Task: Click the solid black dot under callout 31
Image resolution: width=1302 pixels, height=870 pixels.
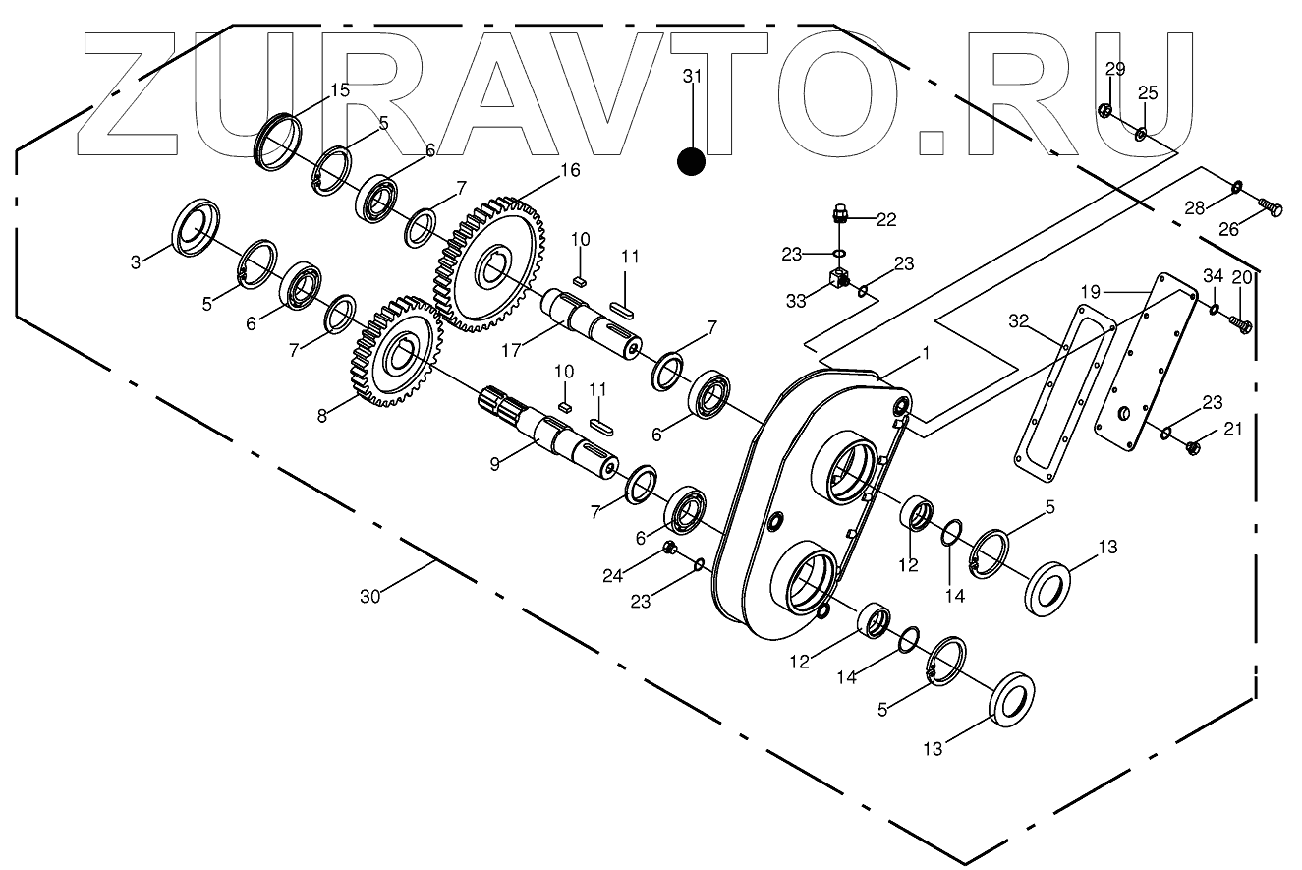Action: [x=692, y=161]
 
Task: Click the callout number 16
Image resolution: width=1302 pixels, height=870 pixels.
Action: [x=570, y=171]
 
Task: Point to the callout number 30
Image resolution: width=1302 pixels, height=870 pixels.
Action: [x=369, y=596]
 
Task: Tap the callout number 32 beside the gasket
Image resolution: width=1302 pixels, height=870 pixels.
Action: [x=1017, y=321]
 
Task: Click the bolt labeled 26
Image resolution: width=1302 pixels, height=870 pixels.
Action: [x=1270, y=207]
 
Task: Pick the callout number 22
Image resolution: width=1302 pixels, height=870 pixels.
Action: [x=886, y=220]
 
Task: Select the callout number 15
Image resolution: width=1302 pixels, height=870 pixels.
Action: [x=339, y=90]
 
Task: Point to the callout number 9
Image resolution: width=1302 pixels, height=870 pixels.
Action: [x=495, y=462]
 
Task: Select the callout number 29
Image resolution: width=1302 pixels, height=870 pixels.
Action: [x=1114, y=68]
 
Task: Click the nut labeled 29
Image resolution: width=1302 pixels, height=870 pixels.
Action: [x=1104, y=112]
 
